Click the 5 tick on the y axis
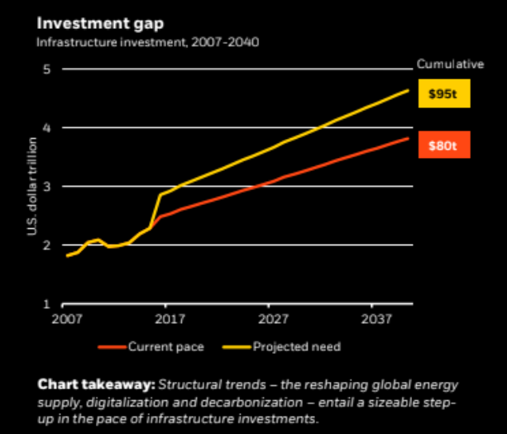(48, 69)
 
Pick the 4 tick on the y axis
(48, 128)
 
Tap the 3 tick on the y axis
(48, 187)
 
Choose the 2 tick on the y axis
(48, 246)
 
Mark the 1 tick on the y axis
(48, 304)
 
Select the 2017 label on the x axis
(170, 320)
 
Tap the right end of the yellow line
(408, 90)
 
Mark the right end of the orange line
(408, 138)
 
